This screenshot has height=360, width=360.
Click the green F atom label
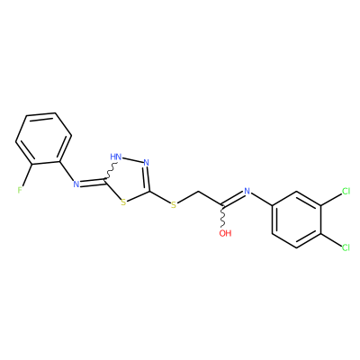(x=20, y=190)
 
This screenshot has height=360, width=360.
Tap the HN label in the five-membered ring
(x=116, y=157)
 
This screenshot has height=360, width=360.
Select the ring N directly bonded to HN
(x=146, y=163)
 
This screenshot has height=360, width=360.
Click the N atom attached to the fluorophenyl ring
(x=76, y=184)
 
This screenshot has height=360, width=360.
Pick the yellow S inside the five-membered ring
(x=123, y=202)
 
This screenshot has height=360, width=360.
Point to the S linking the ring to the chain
(x=174, y=205)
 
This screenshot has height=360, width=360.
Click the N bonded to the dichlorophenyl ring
(x=247, y=191)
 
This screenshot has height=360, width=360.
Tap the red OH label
(x=225, y=233)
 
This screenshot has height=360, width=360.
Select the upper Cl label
(x=346, y=191)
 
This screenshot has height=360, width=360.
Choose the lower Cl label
(x=346, y=247)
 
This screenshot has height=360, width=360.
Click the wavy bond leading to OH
(x=223, y=217)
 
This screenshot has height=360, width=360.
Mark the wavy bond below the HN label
(x=110, y=171)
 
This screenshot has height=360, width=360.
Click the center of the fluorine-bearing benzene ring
(x=44, y=139)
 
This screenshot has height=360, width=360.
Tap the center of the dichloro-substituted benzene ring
(x=296, y=220)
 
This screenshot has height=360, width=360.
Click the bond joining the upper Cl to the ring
(x=331, y=200)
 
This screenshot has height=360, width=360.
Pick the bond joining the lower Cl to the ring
(x=331, y=239)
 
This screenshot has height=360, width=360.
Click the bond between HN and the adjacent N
(x=132, y=160)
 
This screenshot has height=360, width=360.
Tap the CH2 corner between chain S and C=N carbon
(x=198, y=191)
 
